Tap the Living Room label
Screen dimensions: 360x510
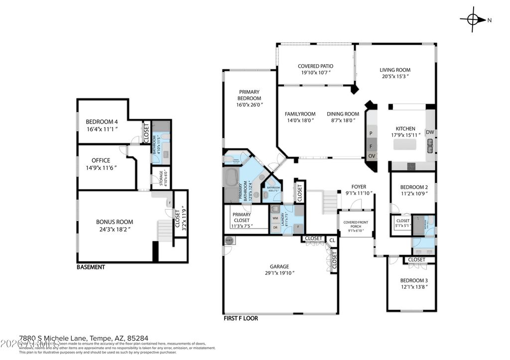(x=395, y=70)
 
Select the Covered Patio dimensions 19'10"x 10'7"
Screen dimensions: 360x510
(x=316, y=73)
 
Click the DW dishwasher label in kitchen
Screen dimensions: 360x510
(x=430, y=132)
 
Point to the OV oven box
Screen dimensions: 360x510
(x=372, y=156)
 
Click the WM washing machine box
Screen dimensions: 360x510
(x=275, y=218)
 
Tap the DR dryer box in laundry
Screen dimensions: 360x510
(x=275, y=228)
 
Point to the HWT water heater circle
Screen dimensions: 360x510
(x=229, y=240)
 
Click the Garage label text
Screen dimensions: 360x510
(x=279, y=266)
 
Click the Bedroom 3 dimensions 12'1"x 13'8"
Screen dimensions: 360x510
(x=414, y=287)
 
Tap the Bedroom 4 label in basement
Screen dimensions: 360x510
(x=102, y=122)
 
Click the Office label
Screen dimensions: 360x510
(x=101, y=160)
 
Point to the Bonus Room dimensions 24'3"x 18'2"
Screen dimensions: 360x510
(x=115, y=229)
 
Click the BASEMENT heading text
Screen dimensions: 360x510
(x=91, y=267)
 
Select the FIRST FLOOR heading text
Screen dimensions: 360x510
(x=240, y=318)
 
